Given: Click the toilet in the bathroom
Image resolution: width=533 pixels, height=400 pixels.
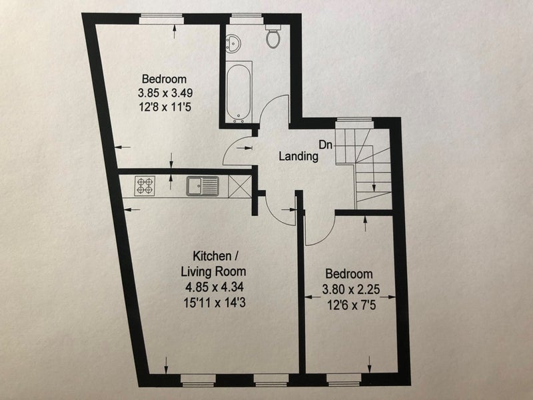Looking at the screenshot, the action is click(273, 36).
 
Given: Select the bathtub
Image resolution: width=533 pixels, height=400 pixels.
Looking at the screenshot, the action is click(239, 92).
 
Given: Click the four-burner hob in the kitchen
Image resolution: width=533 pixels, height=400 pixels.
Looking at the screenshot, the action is click(145, 186).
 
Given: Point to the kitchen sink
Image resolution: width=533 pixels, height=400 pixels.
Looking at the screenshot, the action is click(203, 186).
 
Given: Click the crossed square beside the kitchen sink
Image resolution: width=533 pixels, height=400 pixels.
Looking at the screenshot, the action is click(240, 186).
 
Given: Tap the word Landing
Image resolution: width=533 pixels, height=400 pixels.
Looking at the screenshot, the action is click(298, 156).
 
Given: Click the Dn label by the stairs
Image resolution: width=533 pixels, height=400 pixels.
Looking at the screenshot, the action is click(325, 145).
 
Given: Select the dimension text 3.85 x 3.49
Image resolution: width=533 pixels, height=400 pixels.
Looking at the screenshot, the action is click(165, 93).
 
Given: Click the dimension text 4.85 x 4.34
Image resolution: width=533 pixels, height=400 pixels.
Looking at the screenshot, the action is click(214, 287).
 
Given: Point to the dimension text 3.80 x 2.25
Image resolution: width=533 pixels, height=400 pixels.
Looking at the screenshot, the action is click(351, 289).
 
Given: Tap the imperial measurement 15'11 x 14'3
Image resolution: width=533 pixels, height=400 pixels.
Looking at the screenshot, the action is click(215, 303).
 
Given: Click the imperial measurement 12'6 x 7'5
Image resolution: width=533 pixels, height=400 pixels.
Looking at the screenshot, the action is click(352, 305).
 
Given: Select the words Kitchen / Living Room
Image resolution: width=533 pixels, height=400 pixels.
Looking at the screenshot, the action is click(213, 263).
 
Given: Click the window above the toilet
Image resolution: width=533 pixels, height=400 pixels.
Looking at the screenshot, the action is click(246, 19).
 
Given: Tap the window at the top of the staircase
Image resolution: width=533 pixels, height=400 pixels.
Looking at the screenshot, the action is click(354, 123).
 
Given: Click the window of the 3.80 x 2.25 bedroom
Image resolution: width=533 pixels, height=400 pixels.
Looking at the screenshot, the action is click(344, 380).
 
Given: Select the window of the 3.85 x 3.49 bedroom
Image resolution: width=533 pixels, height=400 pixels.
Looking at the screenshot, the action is click(161, 19).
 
